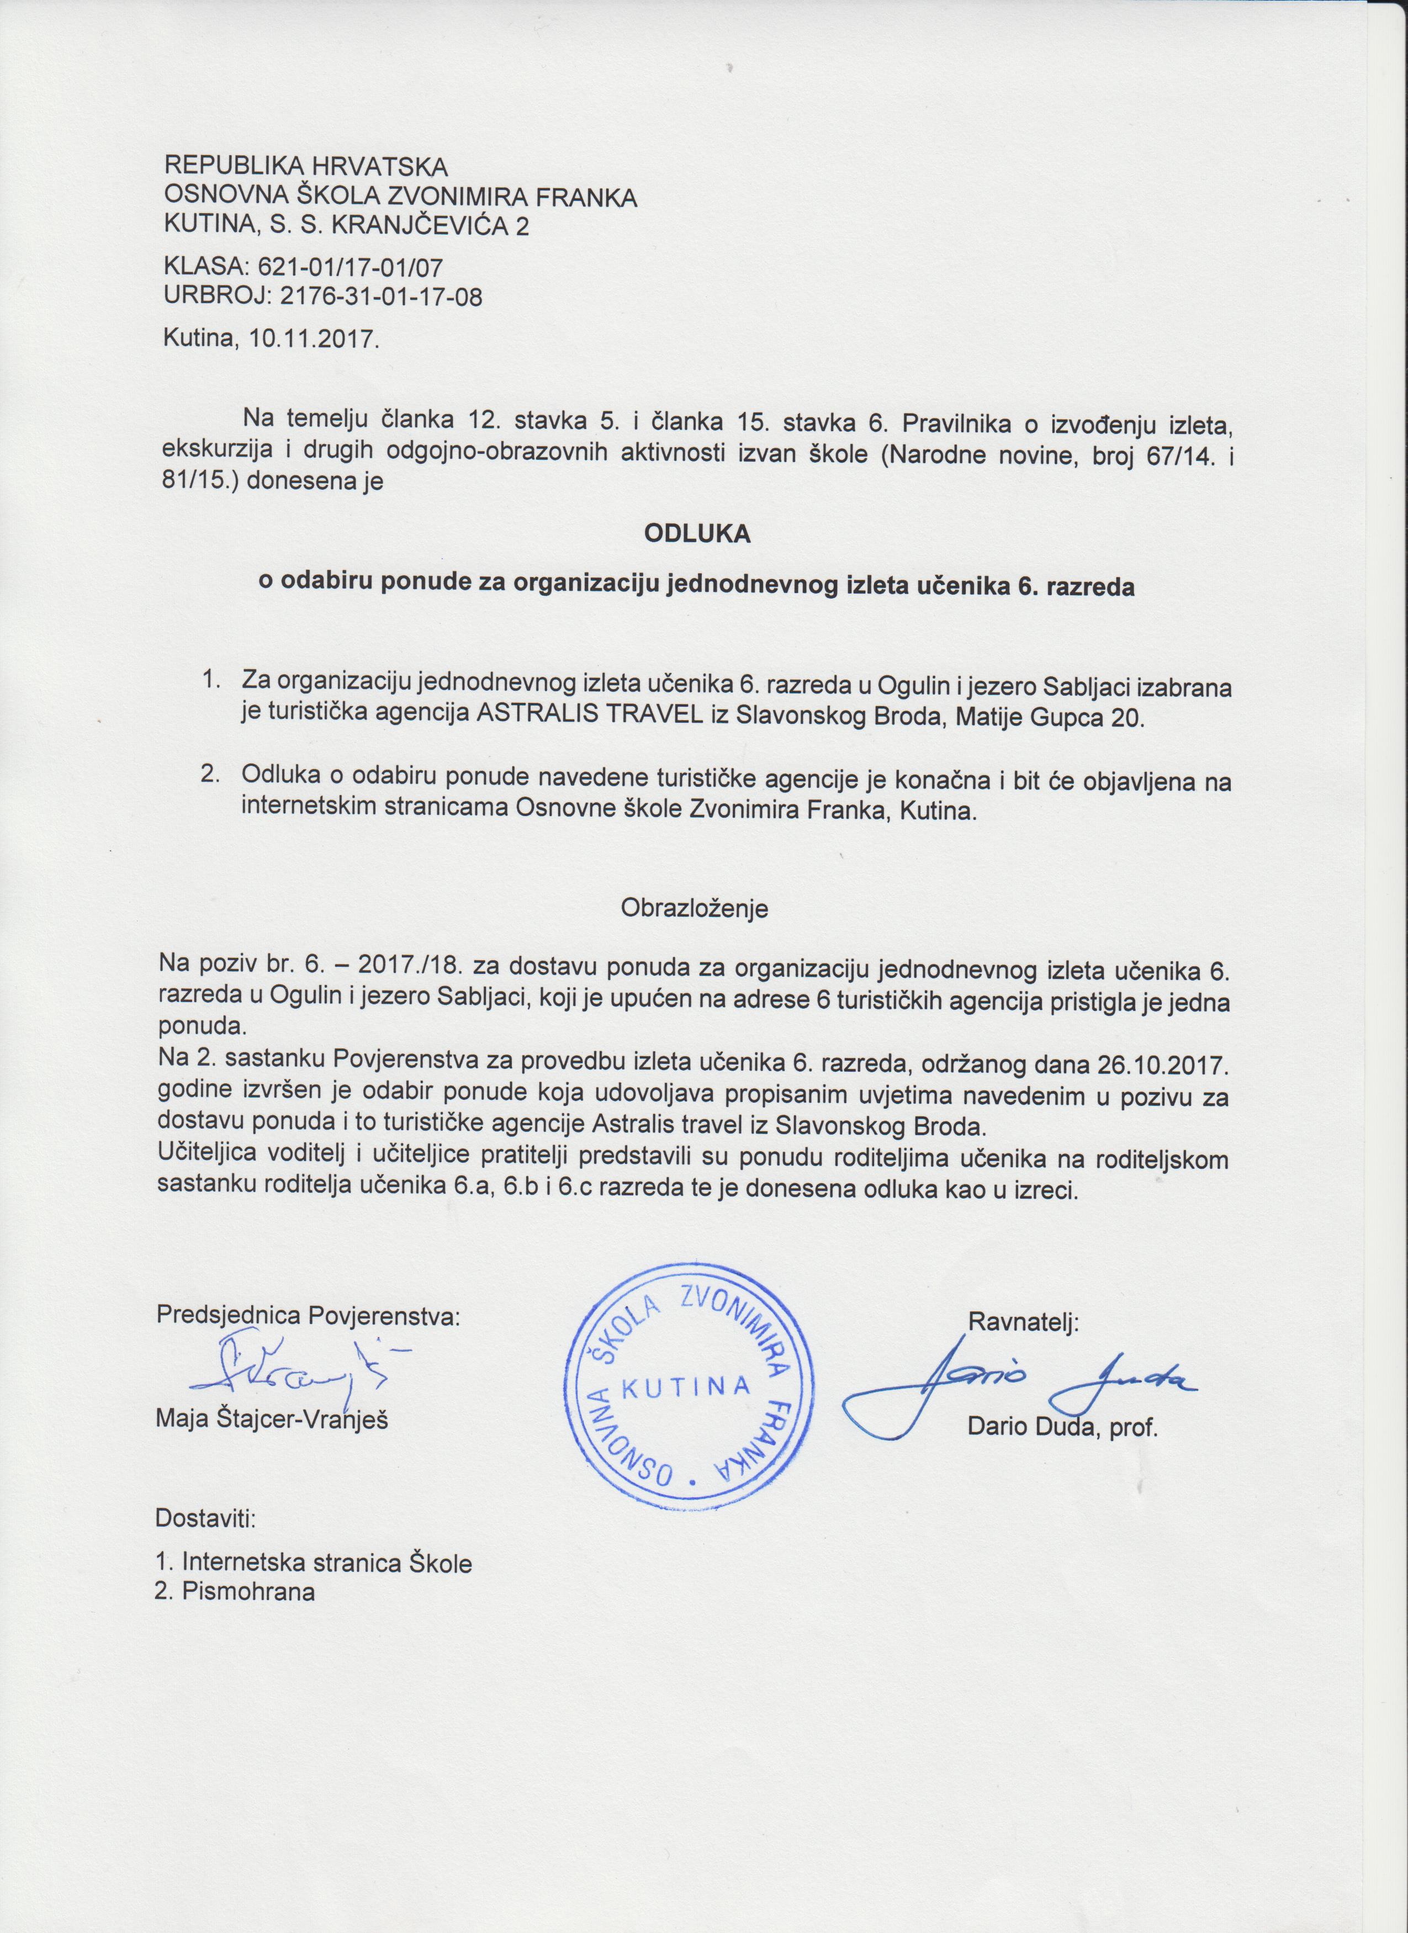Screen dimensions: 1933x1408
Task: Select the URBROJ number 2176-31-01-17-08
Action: (369, 298)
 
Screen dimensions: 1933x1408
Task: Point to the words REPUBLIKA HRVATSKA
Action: (305, 165)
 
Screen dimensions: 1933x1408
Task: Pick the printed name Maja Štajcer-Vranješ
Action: (273, 1421)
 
